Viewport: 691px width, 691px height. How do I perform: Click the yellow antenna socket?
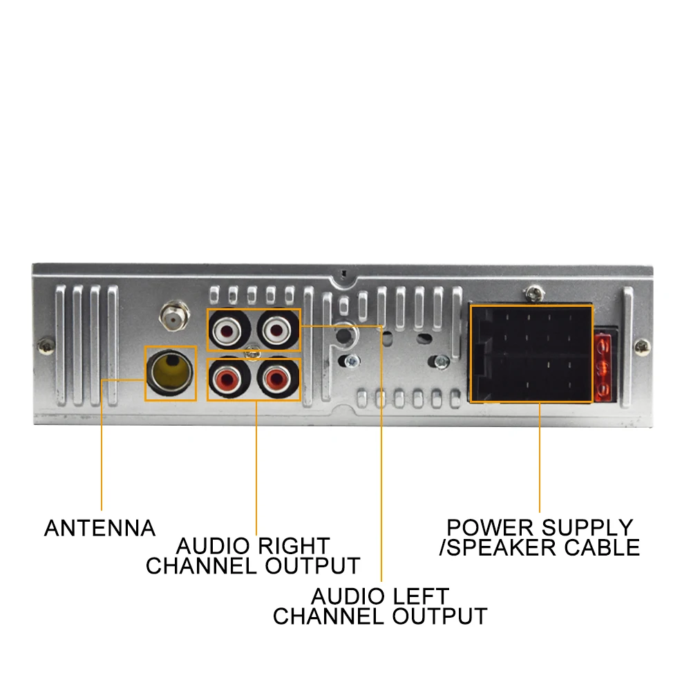pos(171,372)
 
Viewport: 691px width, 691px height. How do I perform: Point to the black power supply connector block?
pos(531,353)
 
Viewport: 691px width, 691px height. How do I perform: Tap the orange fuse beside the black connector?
pos(603,368)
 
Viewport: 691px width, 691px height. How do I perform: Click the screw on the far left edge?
pos(46,343)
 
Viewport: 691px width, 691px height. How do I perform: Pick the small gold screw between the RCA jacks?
pos(254,354)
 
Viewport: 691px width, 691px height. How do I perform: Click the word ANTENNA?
pos(100,529)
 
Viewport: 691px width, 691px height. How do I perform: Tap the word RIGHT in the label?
pos(293,546)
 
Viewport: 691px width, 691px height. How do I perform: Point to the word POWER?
pos(491,528)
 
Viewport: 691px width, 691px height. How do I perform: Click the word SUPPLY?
pos(587,528)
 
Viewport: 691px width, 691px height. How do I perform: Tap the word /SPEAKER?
pos(497,548)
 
